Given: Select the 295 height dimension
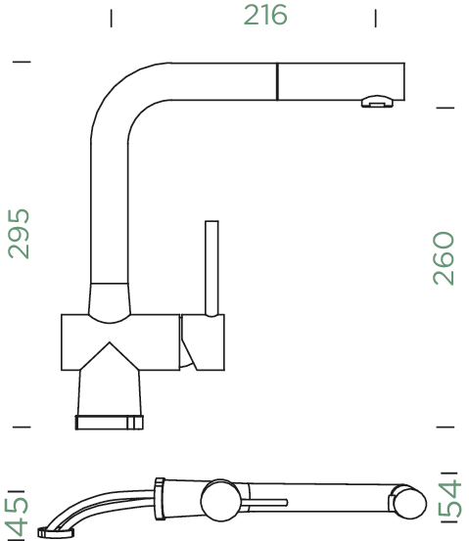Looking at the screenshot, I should [19, 233].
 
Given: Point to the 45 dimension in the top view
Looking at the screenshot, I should [16, 509].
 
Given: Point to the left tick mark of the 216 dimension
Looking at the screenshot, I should [112, 17].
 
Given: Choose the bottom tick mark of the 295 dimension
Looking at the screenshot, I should [22, 427].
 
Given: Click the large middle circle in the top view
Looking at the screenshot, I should [218, 502].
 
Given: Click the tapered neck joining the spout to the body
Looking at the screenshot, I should [109, 300].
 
